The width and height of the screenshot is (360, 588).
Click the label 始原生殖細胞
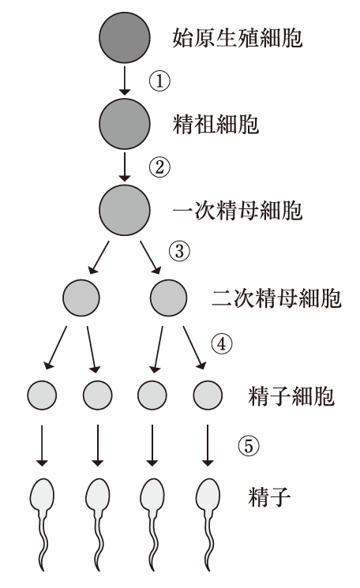238,38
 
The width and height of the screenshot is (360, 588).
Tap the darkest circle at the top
125,38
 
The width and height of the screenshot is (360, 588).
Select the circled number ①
159,81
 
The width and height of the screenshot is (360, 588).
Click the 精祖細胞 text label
216,124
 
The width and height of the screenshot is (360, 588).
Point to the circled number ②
159,167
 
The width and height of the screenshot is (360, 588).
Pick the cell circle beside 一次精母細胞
125,210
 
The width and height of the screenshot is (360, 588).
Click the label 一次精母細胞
238,211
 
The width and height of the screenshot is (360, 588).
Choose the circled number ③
179,251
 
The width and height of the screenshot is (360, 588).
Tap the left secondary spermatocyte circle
81,298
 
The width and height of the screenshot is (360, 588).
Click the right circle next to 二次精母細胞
168,298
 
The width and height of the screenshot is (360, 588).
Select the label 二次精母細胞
277,298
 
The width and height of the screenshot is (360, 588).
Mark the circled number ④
222,343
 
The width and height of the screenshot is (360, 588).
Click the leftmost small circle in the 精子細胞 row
42,395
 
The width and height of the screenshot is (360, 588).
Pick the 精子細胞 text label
291,396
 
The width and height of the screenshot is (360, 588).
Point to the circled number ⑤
249,446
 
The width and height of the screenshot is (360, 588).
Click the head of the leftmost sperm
42,494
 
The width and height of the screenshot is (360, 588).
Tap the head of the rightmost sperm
208,494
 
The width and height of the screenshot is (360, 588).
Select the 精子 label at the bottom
269,497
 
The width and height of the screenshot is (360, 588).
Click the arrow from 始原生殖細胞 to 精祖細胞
125,81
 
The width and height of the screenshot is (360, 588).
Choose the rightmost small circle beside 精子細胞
208,395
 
